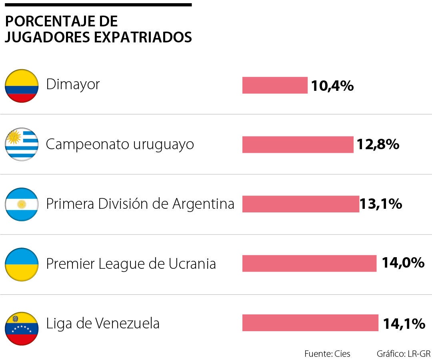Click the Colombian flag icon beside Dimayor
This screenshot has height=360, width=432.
coord(22,86)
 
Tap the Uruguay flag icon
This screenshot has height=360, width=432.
coord(22,144)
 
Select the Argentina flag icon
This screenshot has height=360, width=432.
coord(22,204)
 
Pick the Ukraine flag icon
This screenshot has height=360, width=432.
coord(22,264)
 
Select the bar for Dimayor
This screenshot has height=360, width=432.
coord(275,85)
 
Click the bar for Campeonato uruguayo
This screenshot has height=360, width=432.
coord(298,144)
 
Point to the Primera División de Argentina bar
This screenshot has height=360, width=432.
coord(300,204)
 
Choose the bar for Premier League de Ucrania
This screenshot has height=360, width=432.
coord(309,263)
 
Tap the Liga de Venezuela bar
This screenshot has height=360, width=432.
coord(310,323)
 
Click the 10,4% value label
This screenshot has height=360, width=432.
coord(332,86)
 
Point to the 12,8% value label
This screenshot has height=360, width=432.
coord(378,144)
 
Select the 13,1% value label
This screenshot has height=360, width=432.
coord(381,204)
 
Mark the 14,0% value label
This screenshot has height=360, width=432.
coord(403,263)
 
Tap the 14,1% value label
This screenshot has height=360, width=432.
coord(404,323)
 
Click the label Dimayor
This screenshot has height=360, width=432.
coord(73,84)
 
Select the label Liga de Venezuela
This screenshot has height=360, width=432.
coord(103,323)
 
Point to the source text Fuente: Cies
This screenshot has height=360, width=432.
coord(327,354)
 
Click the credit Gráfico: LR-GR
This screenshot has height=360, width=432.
coord(403,354)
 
